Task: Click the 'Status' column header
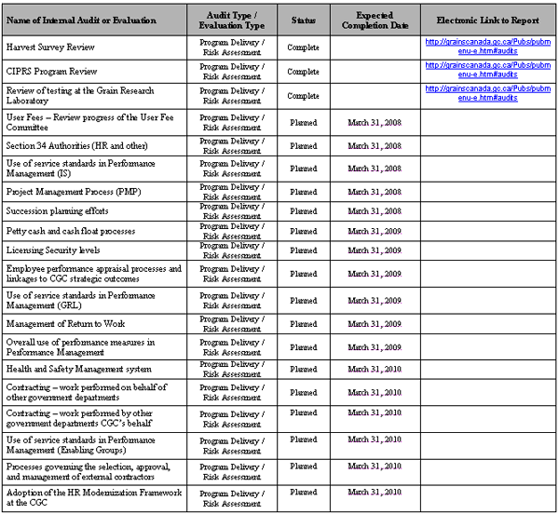pos(303,20)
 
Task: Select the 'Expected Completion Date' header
pos(374,20)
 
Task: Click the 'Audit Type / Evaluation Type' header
pos(232,20)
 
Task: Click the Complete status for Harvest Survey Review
pos(303,46)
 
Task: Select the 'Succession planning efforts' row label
pos(59,211)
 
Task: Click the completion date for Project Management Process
pos(374,191)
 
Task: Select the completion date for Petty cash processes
pos(374,231)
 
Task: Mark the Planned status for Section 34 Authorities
pos(303,145)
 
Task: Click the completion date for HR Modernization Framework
pos(374,492)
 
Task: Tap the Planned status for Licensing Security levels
pos(303,250)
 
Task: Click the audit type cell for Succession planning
pos(232,211)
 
